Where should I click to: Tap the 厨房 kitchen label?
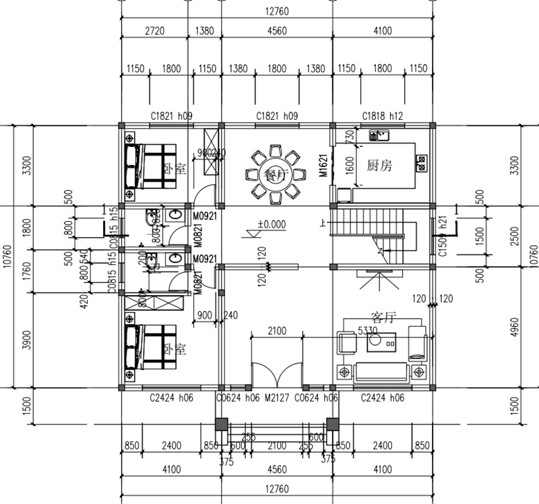tap(379, 165)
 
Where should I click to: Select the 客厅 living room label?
tap(383, 317)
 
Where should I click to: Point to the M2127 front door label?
tap(276, 398)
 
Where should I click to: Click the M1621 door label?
tap(323, 165)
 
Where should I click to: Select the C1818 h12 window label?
tap(382, 117)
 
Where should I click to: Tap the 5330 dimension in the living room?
tap(367, 331)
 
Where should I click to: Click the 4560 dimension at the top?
tap(277, 30)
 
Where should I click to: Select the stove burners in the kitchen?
tap(422, 162)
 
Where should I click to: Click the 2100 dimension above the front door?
tap(276, 331)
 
